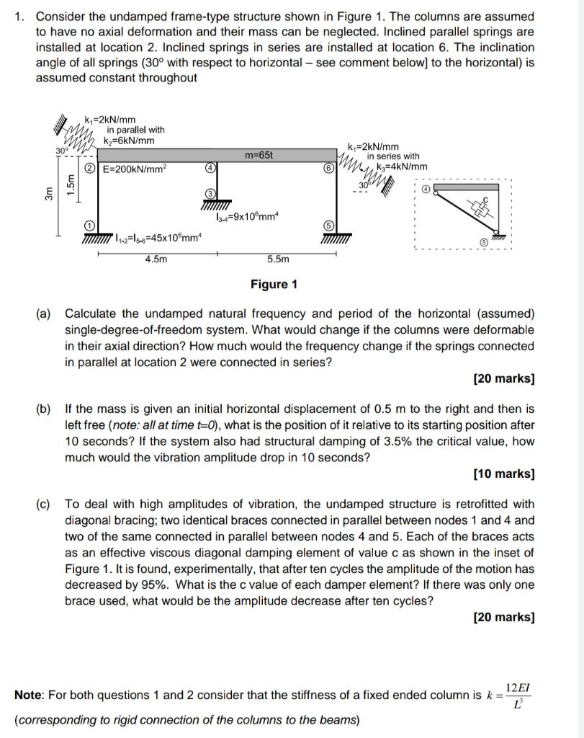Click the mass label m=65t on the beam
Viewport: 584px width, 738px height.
[259, 155]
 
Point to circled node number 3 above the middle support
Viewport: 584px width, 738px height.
[211, 194]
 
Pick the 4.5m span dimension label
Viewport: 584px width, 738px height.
[156, 259]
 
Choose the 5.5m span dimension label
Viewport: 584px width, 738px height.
[278, 259]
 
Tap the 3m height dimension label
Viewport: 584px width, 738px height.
[48, 194]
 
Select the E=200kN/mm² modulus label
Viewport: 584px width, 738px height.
[135, 169]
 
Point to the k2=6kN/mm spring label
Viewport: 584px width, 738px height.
[129, 141]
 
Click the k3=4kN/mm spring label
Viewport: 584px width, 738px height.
[402, 166]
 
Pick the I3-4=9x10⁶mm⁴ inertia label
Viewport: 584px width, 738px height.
[248, 217]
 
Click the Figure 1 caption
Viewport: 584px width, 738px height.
[274, 284]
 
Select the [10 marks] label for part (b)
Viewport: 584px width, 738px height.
[504, 474]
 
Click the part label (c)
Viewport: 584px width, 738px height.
[43, 504]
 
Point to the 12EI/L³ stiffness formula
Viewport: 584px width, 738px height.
[518, 695]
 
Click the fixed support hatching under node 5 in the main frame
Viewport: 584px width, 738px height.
[336, 239]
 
